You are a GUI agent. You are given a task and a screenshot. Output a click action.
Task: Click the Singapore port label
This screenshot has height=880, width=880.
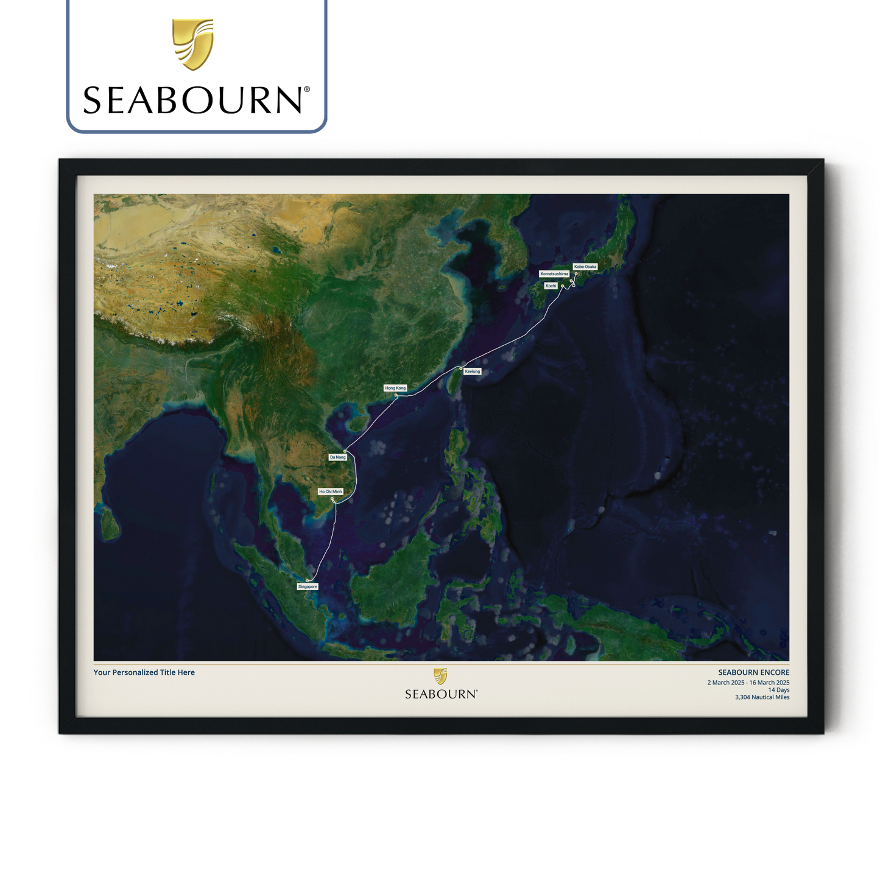(x=308, y=586)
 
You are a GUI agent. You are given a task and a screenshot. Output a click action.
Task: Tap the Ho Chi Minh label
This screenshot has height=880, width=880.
(x=331, y=491)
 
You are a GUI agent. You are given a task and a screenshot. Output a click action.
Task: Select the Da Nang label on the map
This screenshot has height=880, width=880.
(x=337, y=457)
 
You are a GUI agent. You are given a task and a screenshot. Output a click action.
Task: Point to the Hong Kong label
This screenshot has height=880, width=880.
(x=395, y=388)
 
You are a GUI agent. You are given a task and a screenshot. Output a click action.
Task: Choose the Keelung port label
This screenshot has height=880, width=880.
(x=472, y=371)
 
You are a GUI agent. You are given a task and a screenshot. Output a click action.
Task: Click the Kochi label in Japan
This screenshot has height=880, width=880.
(x=551, y=286)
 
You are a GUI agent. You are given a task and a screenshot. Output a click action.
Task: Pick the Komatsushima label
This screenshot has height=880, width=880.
(x=554, y=274)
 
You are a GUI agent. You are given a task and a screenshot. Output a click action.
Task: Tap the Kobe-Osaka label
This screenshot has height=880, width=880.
(x=585, y=267)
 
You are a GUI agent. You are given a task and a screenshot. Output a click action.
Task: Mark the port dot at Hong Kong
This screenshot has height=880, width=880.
(x=396, y=395)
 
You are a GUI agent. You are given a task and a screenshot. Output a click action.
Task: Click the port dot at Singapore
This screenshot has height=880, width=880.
(x=308, y=580)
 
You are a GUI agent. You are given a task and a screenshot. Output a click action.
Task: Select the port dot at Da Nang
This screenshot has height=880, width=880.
(x=345, y=451)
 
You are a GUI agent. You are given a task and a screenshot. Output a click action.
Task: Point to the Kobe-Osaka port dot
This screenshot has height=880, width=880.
(x=576, y=273)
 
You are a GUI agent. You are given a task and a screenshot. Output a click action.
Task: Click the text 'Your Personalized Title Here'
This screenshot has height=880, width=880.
(x=144, y=672)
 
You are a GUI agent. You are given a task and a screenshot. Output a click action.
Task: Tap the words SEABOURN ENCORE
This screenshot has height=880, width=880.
(x=753, y=672)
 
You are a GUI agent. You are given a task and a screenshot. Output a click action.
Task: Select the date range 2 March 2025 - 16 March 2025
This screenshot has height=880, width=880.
(x=748, y=683)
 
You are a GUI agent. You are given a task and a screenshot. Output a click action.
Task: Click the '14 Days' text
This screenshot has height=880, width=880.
(x=778, y=690)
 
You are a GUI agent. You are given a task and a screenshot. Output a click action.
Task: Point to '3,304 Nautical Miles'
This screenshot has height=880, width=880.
(x=762, y=697)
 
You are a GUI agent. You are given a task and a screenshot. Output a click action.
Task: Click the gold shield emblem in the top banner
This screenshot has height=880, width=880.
(x=192, y=43)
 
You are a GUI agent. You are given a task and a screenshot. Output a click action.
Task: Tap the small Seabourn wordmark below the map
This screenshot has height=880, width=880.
(x=441, y=694)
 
